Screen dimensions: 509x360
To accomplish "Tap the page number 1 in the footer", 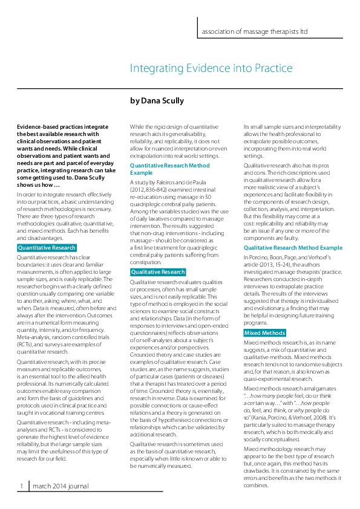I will [x=21, y=485].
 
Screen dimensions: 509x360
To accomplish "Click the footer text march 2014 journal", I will [x=61, y=485].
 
